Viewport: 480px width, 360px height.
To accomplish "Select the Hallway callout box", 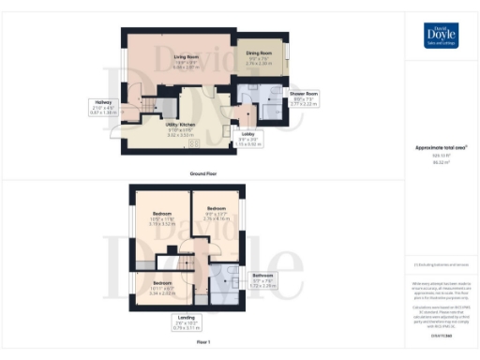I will (x=104, y=107).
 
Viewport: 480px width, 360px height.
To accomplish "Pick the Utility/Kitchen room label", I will (x=179, y=131).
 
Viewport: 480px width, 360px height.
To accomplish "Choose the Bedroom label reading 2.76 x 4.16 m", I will (x=217, y=212).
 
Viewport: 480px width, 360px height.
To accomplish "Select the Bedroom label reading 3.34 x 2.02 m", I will (x=163, y=287).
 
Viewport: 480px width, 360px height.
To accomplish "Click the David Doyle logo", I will (x=439, y=37).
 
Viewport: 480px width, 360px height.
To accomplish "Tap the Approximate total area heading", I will (x=441, y=148).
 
